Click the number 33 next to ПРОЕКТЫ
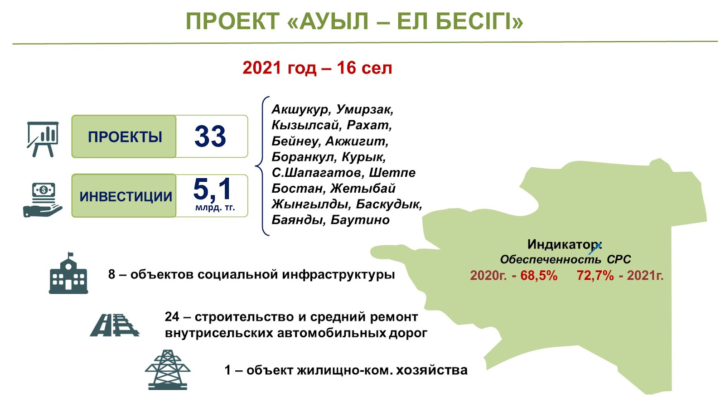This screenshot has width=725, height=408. click(210, 136)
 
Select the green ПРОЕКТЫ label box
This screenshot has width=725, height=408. click(124, 136)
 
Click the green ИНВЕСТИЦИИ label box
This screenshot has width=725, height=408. click(124, 195)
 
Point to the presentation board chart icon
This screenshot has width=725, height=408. click(43, 139)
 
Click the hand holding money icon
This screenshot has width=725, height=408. click(43, 200)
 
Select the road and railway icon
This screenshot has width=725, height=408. click(114, 325)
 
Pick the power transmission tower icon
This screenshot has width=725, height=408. click(167, 369)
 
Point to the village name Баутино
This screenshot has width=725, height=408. click(360, 220)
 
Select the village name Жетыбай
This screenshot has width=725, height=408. click(362, 189)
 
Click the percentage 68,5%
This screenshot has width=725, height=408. click(539, 276)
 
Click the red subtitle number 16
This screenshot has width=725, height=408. click(346, 68)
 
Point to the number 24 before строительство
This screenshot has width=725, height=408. click(172, 316)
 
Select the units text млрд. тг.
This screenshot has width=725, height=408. click(215, 207)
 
